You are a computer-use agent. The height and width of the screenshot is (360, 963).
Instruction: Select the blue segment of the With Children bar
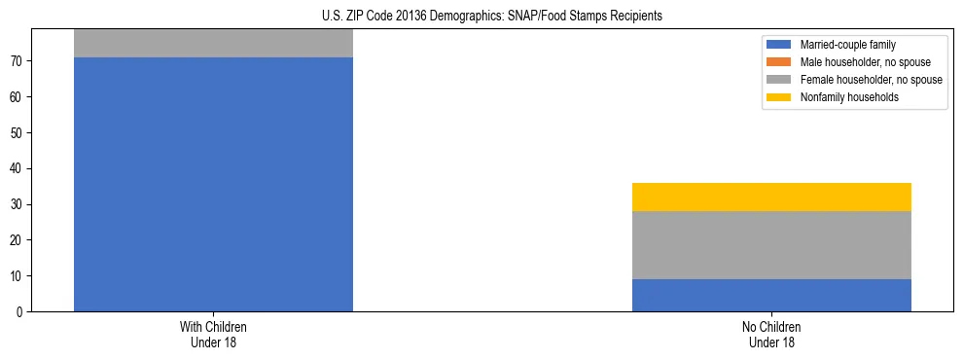point(213,185)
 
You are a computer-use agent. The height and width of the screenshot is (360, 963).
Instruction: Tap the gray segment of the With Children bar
point(213,44)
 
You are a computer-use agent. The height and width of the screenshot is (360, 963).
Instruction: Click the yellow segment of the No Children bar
point(771,197)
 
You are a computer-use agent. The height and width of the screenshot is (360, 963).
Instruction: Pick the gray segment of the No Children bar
point(771,245)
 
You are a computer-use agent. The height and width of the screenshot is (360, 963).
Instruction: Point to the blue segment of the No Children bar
point(771,295)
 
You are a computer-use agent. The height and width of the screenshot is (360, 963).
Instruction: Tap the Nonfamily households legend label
point(842,97)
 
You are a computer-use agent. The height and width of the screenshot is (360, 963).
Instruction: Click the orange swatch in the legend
point(779,62)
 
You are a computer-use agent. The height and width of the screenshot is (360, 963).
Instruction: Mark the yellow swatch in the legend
point(779,97)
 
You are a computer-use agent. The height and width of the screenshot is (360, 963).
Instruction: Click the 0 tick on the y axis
point(21,311)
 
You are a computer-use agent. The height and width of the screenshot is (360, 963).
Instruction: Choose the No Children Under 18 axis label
point(771,334)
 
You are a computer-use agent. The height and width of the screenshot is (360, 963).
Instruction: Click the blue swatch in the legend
point(779,45)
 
